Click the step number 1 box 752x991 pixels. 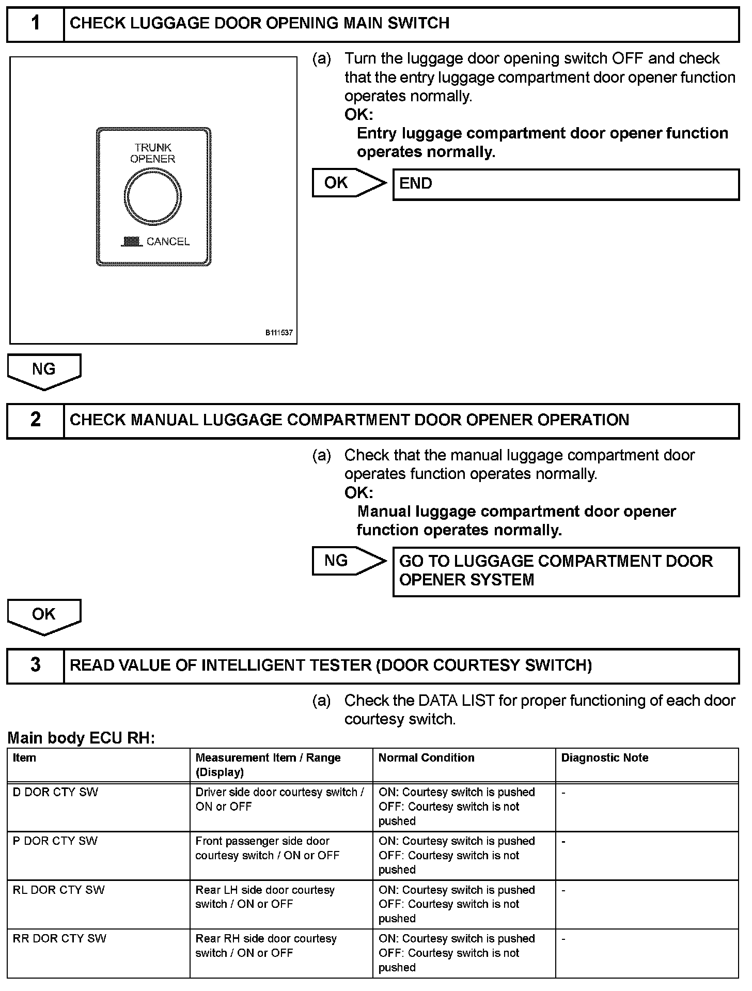coord(35,24)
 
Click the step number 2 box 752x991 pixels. coord(35,420)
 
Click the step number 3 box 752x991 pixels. coord(35,665)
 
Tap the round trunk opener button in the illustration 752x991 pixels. coord(153,197)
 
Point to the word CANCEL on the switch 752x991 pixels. coord(168,241)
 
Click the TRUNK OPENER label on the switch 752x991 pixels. coord(153,153)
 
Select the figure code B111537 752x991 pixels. coord(279,333)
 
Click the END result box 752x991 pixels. coord(566,184)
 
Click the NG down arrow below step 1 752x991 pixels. coord(44,370)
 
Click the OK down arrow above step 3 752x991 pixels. coord(44,615)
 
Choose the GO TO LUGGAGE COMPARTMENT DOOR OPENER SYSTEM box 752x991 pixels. coord(566,571)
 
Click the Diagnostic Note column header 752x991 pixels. coord(605,758)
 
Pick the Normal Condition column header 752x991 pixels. coord(426,758)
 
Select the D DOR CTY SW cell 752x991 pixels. coord(55,793)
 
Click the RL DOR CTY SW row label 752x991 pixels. coord(58,890)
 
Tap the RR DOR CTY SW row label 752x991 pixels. coord(59,938)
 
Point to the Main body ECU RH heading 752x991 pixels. coord(81,738)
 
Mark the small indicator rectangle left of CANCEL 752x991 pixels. coord(133,241)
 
